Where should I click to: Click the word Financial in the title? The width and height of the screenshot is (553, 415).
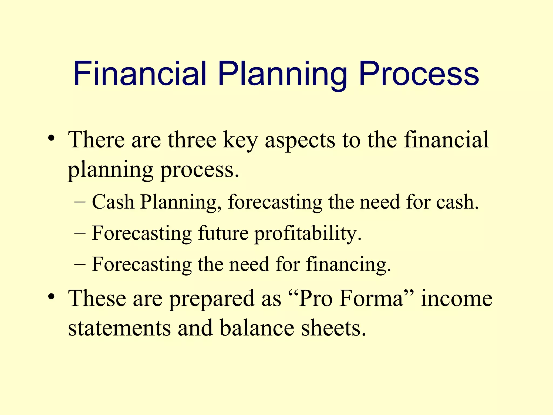pyautogui.click(x=140, y=74)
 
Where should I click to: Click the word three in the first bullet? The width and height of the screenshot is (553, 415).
pyautogui.click(x=192, y=140)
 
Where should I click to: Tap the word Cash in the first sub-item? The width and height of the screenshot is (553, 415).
pyautogui.click(x=113, y=202)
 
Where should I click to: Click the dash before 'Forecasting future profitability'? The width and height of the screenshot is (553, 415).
pyautogui.click(x=80, y=233)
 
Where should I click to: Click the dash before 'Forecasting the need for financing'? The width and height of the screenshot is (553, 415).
pyautogui.click(x=80, y=265)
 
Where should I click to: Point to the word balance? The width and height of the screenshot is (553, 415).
pyautogui.click(x=257, y=328)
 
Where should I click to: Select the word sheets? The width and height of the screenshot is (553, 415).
pyautogui.click(x=333, y=328)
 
